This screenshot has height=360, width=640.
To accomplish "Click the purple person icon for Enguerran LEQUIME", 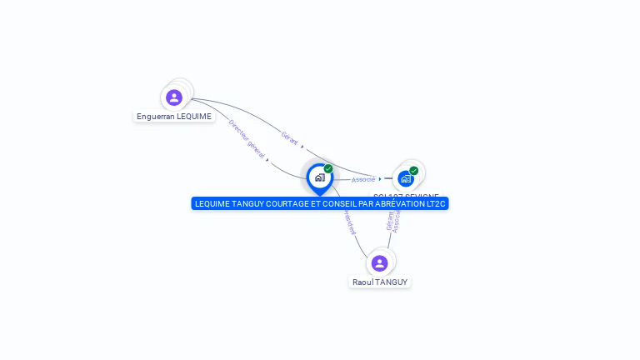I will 174,97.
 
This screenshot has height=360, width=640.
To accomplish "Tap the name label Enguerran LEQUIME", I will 174,117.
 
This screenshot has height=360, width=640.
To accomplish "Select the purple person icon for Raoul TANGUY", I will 380,263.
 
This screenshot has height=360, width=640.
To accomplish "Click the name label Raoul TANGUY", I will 380,282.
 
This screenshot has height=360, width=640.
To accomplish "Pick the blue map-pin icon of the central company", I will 319,177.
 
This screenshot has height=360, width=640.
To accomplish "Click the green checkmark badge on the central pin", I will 328,168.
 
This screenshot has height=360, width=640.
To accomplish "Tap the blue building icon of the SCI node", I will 406,178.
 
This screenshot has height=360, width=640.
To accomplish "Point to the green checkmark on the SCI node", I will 414,171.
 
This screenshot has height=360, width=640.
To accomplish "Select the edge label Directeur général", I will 247,139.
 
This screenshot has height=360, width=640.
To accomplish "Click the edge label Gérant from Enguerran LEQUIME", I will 289,137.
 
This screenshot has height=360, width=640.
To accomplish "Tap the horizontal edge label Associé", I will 363,179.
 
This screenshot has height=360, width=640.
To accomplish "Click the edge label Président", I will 348,222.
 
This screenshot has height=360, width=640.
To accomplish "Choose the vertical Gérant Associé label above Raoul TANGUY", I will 393,220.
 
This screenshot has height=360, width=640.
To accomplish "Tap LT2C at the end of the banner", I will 436,203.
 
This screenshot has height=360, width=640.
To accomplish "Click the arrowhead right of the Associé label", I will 380,178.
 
